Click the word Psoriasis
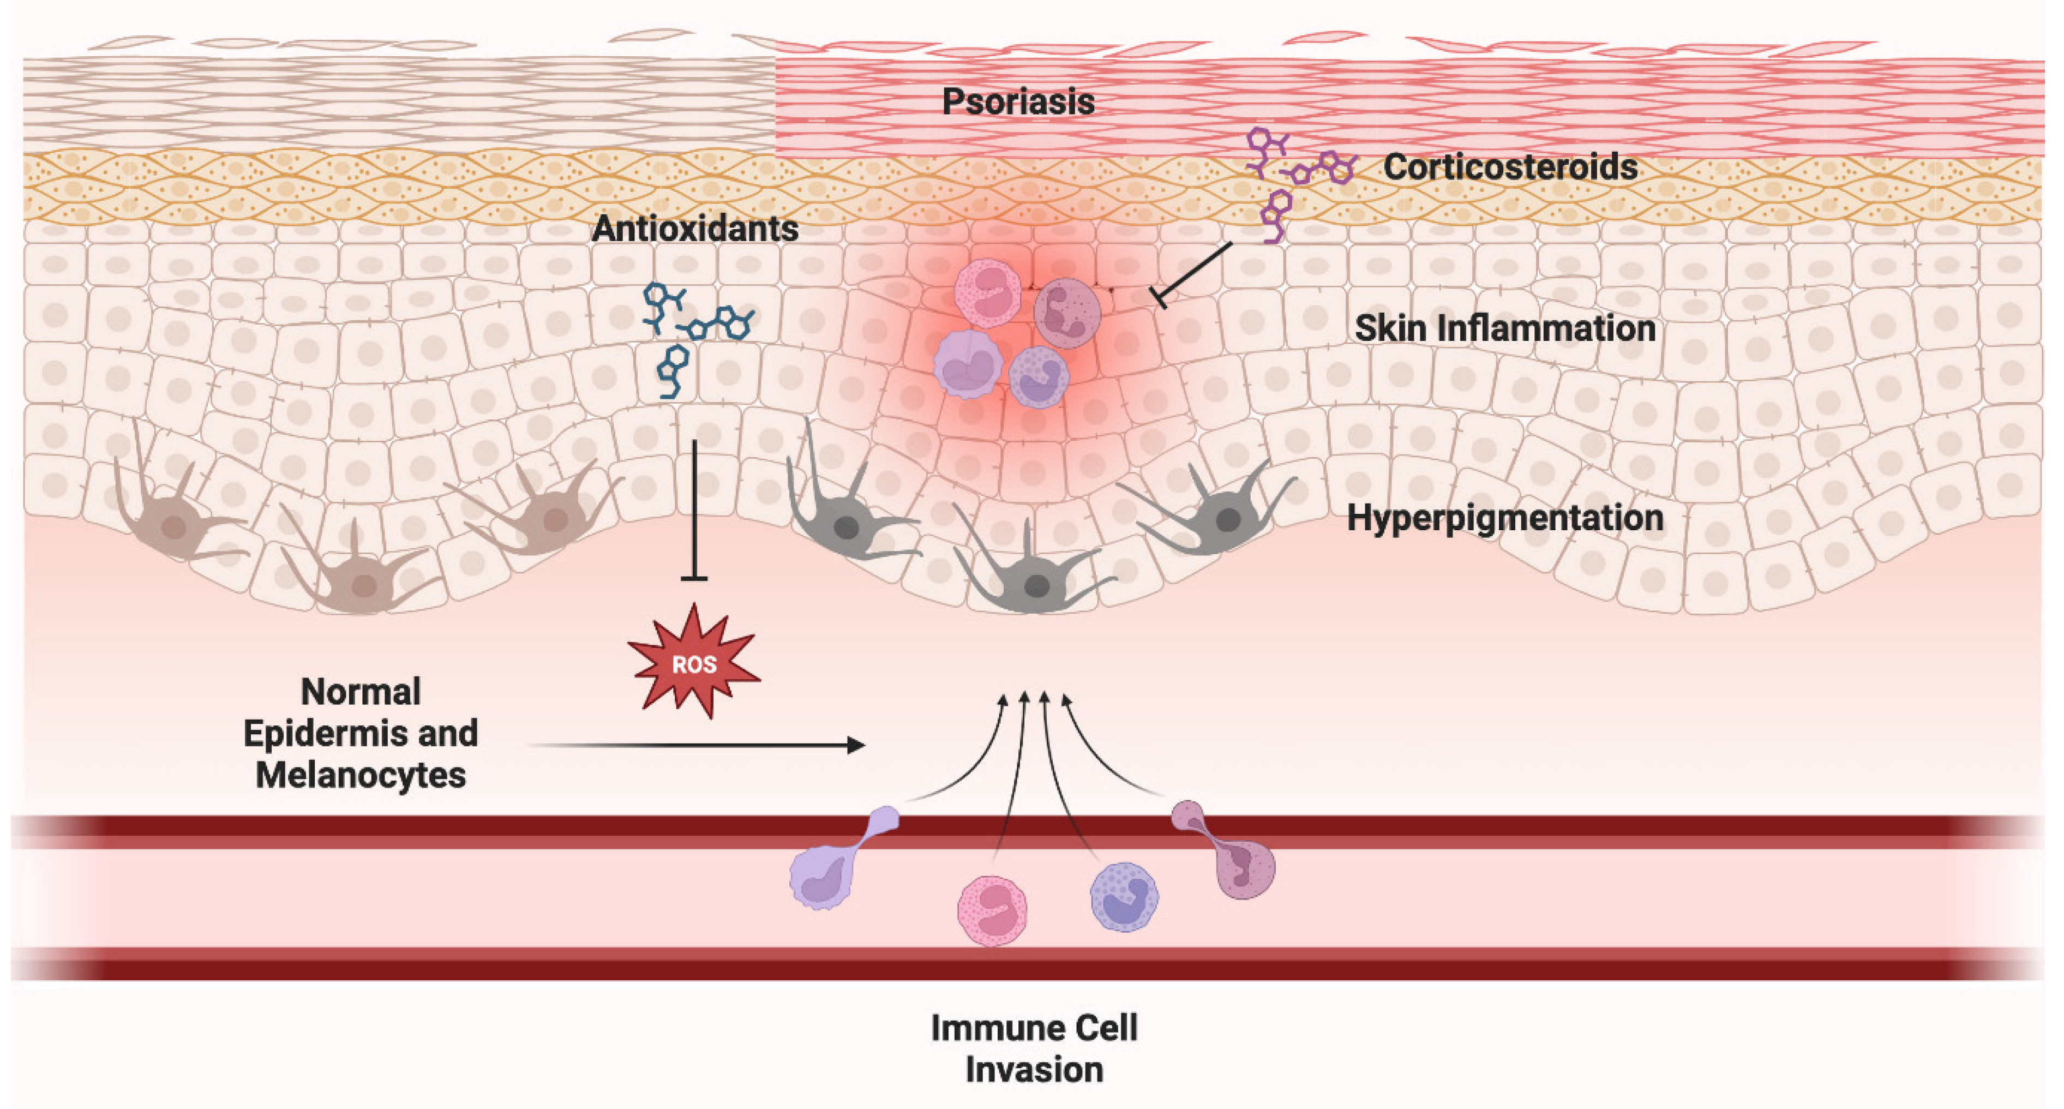pos(1018,102)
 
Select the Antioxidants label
pos(695,229)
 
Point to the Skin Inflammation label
pos(1505,328)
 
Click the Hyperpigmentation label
pos(1505,518)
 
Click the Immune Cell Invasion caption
pos(1034,1048)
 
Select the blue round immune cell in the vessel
pos(1124,896)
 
